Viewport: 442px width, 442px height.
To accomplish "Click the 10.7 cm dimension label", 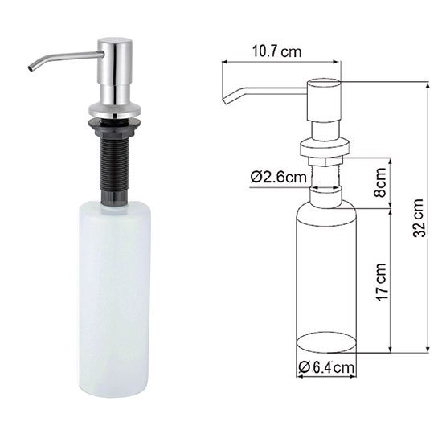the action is pos(276,52).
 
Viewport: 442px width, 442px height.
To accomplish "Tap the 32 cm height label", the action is pos(419,218).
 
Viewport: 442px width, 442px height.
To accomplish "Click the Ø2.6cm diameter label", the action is pos(278,177).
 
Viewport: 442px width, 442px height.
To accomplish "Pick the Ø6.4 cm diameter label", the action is pos(326,368).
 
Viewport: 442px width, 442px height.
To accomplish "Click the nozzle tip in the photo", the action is pos(30,68).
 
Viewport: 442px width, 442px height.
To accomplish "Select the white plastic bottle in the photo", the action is pos(114,299).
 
